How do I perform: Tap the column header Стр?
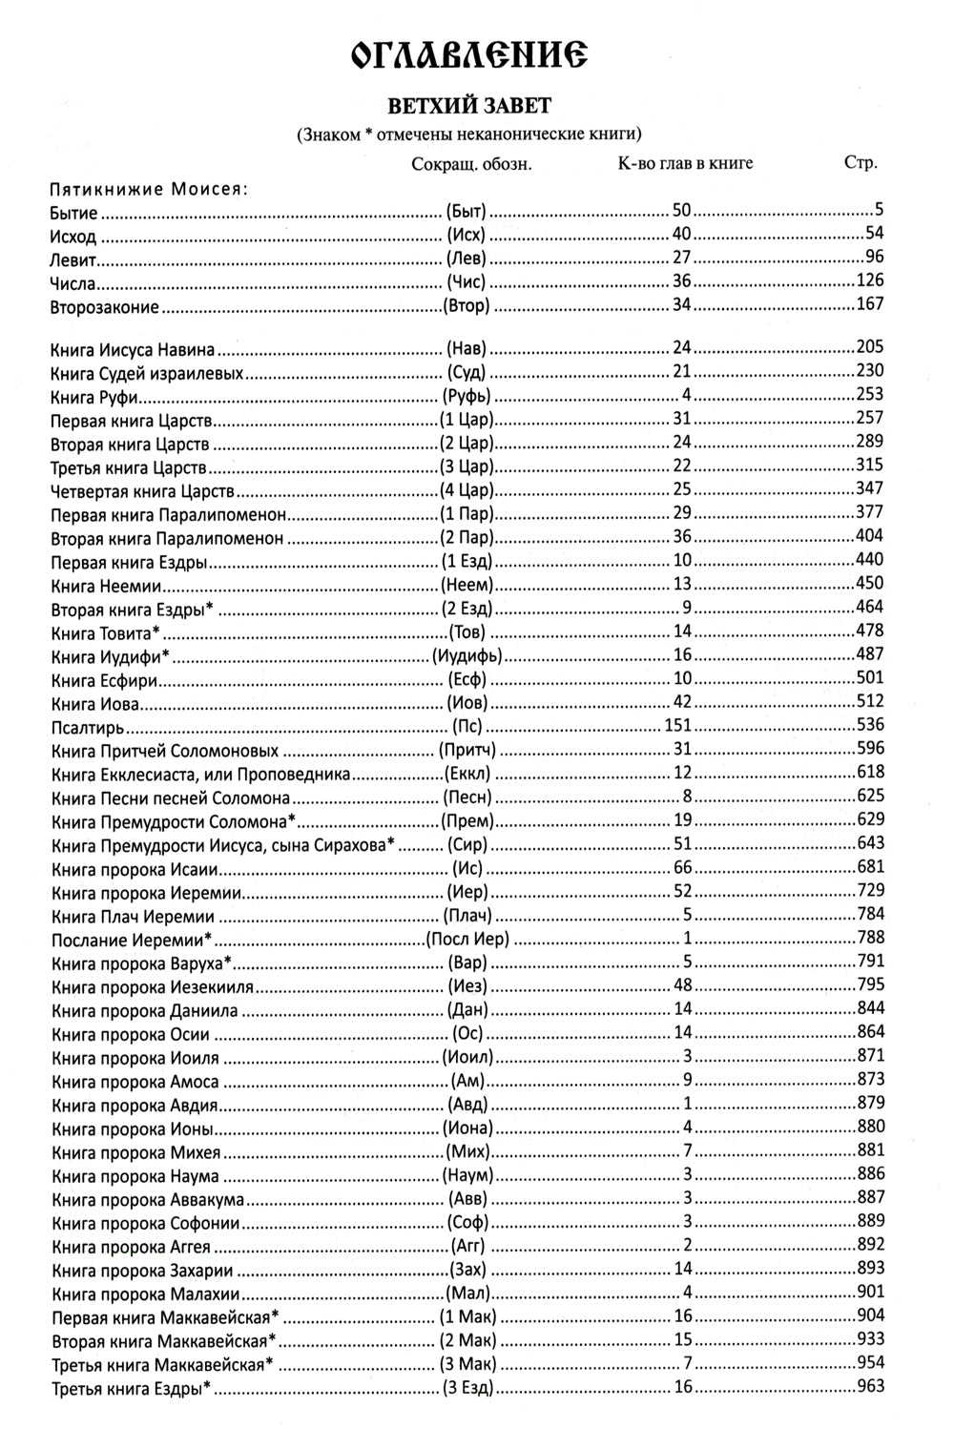[861, 162]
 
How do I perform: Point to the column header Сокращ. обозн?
[471, 164]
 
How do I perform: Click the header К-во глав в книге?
[685, 163]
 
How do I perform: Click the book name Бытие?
[74, 213]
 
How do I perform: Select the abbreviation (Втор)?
[467, 306]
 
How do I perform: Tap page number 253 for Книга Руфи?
[870, 394]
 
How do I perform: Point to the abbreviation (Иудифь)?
[467, 655]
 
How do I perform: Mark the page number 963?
[870, 1386]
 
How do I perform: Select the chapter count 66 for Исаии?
[682, 867]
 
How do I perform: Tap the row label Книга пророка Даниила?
[145, 1010]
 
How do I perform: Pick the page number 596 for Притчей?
[870, 748]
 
